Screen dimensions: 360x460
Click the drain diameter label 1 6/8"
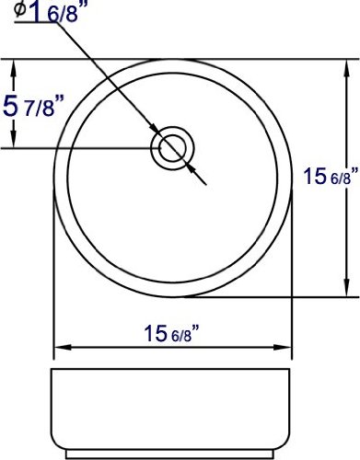pyautogui.click(x=54, y=12)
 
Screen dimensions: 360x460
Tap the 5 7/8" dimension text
pyautogui.click(x=33, y=106)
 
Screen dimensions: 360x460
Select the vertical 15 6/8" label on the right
pyautogui.click(x=331, y=176)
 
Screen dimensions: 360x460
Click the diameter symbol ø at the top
pyautogui.click(x=20, y=9)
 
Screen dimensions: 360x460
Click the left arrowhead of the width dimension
pyautogui.click(x=63, y=348)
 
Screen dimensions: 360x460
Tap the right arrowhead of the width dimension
pyautogui.click(x=282, y=348)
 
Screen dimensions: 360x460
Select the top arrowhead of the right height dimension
pyautogui.click(x=347, y=69)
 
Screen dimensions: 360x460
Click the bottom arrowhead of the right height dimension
pyautogui.click(x=347, y=288)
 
